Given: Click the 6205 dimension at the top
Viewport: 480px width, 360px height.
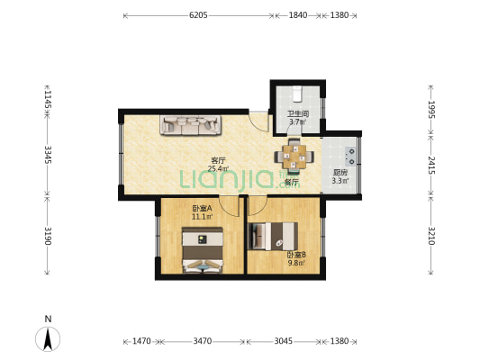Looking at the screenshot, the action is click(x=198, y=15).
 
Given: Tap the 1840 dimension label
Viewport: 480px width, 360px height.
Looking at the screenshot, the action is click(x=298, y=15).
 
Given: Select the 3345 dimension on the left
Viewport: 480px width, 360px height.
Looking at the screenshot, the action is click(x=48, y=155).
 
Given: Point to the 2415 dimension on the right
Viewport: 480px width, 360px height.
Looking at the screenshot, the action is click(x=431, y=166).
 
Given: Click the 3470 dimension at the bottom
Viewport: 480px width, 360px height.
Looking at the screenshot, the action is click(x=203, y=341).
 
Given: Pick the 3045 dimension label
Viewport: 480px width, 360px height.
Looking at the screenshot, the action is click(x=283, y=341).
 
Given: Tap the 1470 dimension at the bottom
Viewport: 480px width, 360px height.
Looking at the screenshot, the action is click(x=141, y=341).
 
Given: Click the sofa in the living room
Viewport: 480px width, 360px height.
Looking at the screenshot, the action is click(x=190, y=125).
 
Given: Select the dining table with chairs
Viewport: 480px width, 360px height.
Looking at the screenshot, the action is click(x=294, y=157).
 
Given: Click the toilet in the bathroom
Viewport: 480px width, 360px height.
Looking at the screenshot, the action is click(x=297, y=94).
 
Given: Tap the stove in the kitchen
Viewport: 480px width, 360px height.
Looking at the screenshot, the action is click(x=351, y=156).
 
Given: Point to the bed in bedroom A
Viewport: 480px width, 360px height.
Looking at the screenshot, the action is click(x=203, y=250).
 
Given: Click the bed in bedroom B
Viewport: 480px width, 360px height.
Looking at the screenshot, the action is click(x=273, y=236).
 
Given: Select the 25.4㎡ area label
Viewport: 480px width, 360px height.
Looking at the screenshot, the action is click(x=218, y=168).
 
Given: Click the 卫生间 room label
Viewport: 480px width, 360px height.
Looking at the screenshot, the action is click(x=297, y=114).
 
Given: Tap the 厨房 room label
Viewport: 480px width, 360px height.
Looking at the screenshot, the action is click(x=340, y=173).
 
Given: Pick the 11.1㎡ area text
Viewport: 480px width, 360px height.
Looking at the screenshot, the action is click(x=202, y=217).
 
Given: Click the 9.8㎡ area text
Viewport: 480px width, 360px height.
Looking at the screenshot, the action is click(x=296, y=263).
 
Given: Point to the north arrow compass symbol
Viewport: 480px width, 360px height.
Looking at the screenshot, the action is click(x=48, y=338).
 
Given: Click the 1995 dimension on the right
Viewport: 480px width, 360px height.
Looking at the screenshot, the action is click(x=431, y=110).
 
